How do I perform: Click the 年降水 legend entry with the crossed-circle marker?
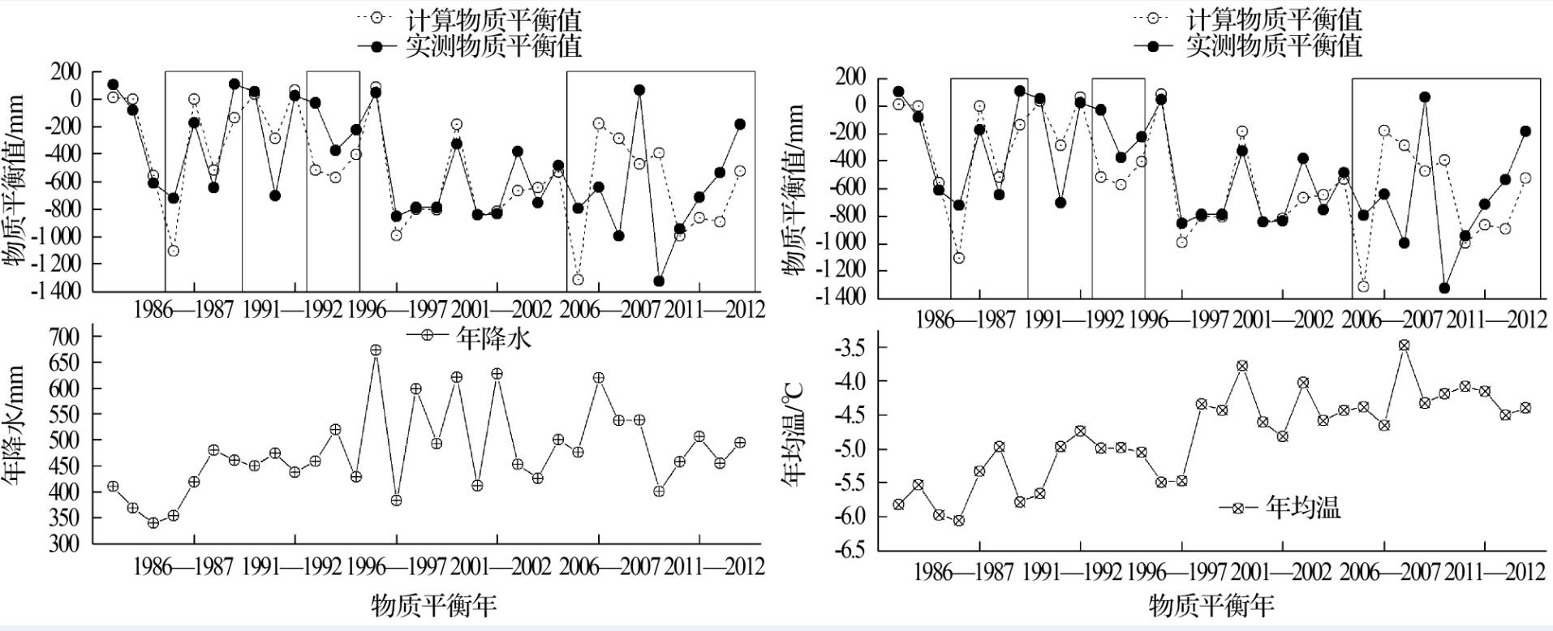[471, 337]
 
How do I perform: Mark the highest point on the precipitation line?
[376, 350]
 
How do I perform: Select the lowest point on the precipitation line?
[153, 523]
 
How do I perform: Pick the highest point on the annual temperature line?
[1404, 346]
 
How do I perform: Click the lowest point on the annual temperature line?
[958, 521]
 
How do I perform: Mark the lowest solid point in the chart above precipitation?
[659, 281]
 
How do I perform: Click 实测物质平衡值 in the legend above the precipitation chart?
[493, 45]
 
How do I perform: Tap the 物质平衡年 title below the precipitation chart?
[433, 605]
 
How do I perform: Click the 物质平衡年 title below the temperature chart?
[1211, 605]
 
